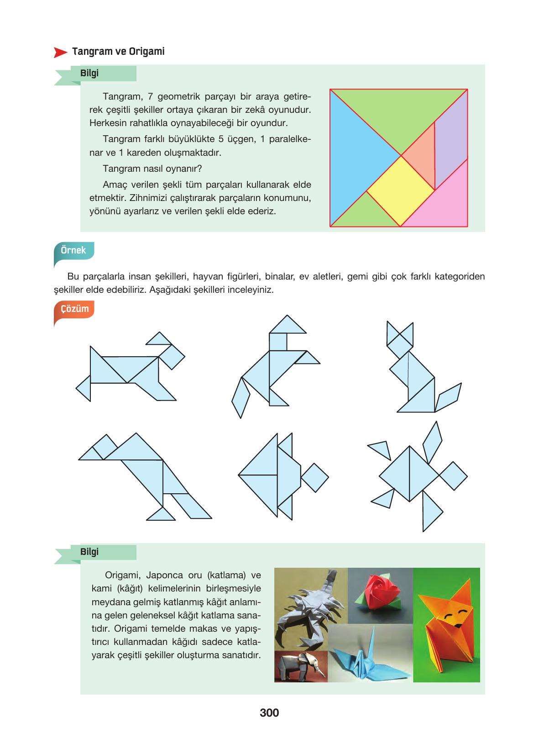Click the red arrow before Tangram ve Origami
60,53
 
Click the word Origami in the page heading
147,52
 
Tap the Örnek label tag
73,251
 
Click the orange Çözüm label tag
74,309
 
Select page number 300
269,713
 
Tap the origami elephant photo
301,666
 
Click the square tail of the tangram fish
315,477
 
